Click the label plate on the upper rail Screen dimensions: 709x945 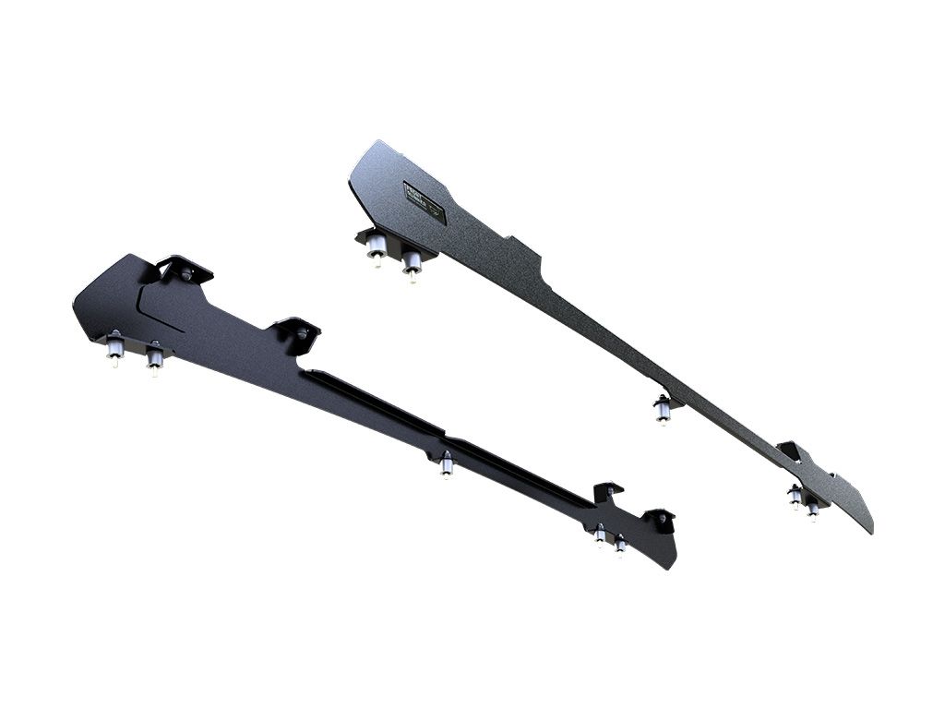tap(425, 202)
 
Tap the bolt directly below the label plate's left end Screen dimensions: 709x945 tap(376, 247)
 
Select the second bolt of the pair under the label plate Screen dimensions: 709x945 tap(412, 262)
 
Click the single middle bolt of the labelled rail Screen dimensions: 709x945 tap(663, 409)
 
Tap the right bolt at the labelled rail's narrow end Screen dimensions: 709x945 tap(812, 507)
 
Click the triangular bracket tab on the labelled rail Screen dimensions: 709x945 tap(789, 451)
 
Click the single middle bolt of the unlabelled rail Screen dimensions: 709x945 tap(447, 464)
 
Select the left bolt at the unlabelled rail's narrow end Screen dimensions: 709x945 tap(600, 535)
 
